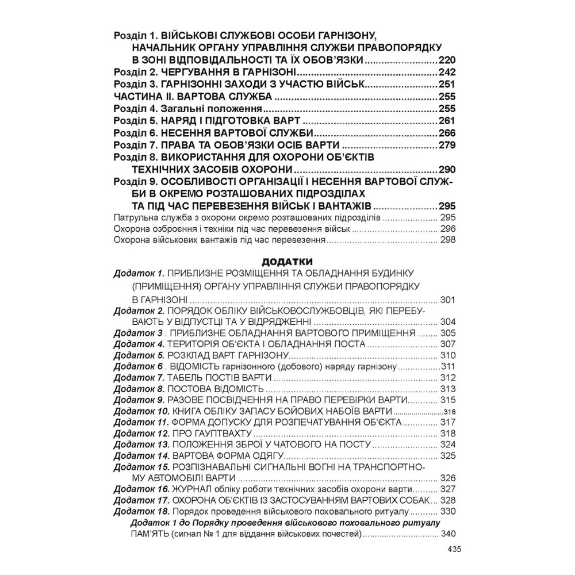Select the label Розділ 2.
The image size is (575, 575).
(x=136, y=72)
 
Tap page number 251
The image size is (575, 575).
(x=446, y=84)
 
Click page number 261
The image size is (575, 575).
(x=446, y=121)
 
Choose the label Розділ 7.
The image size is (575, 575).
(x=136, y=145)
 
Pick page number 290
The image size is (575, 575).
(x=446, y=169)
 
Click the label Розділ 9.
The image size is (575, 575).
(x=136, y=182)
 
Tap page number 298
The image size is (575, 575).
(x=447, y=241)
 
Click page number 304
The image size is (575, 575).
(x=447, y=322)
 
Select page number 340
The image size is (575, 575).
(x=447, y=534)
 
